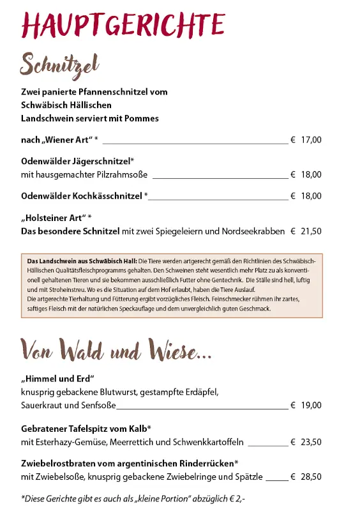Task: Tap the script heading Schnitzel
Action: (x=59, y=64)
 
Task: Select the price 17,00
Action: (x=311, y=140)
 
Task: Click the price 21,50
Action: (x=311, y=232)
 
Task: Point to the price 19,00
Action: (x=311, y=405)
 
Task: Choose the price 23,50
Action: (x=311, y=441)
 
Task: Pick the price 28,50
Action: (x=311, y=477)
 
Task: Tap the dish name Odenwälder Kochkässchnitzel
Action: (x=82, y=196)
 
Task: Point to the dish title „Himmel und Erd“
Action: (x=57, y=378)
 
